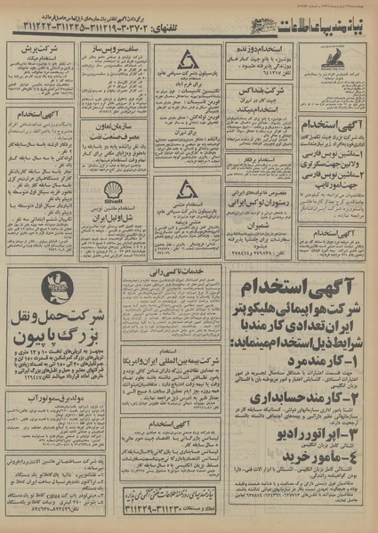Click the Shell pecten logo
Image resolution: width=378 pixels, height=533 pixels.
point(113,190)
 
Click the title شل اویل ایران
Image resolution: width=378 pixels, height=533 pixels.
point(113,216)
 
